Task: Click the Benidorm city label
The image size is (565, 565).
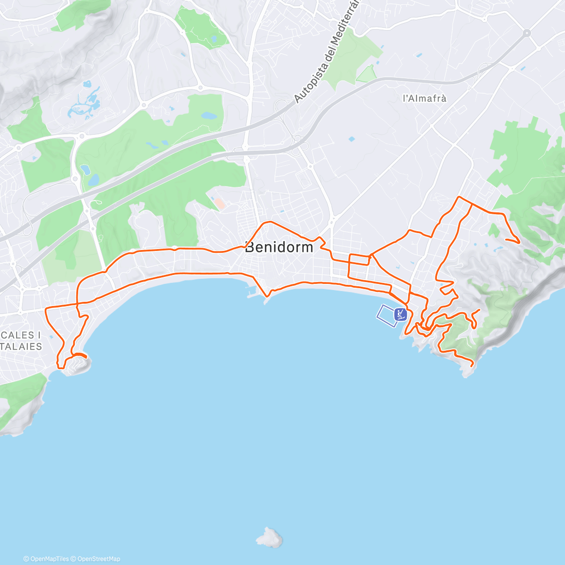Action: pyautogui.click(x=279, y=247)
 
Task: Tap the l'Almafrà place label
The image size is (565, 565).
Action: pyautogui.click(x=424, y=98)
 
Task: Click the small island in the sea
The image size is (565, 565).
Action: pyautogui.click(x=270, y=537)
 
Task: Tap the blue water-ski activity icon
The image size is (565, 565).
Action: pyautogui.click(x=400, y=314)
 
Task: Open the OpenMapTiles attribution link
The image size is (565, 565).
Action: pyautogui.click(x=46, y=559)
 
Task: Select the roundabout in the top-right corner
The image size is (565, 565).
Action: pyautogui.click(x=526, y=33)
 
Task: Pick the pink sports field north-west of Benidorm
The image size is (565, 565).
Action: pyautogui.click(x=219, y=203)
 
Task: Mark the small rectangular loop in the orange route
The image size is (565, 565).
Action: pyautogui.click(x=359, y=260)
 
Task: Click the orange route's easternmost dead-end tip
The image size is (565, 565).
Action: pyautogui.click(x=519, y=242)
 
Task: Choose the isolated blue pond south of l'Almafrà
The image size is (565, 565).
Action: pyautogui.click(x=351, y=139)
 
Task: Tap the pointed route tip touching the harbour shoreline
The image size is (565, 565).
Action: pyautogui.click(x=267, y=297)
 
